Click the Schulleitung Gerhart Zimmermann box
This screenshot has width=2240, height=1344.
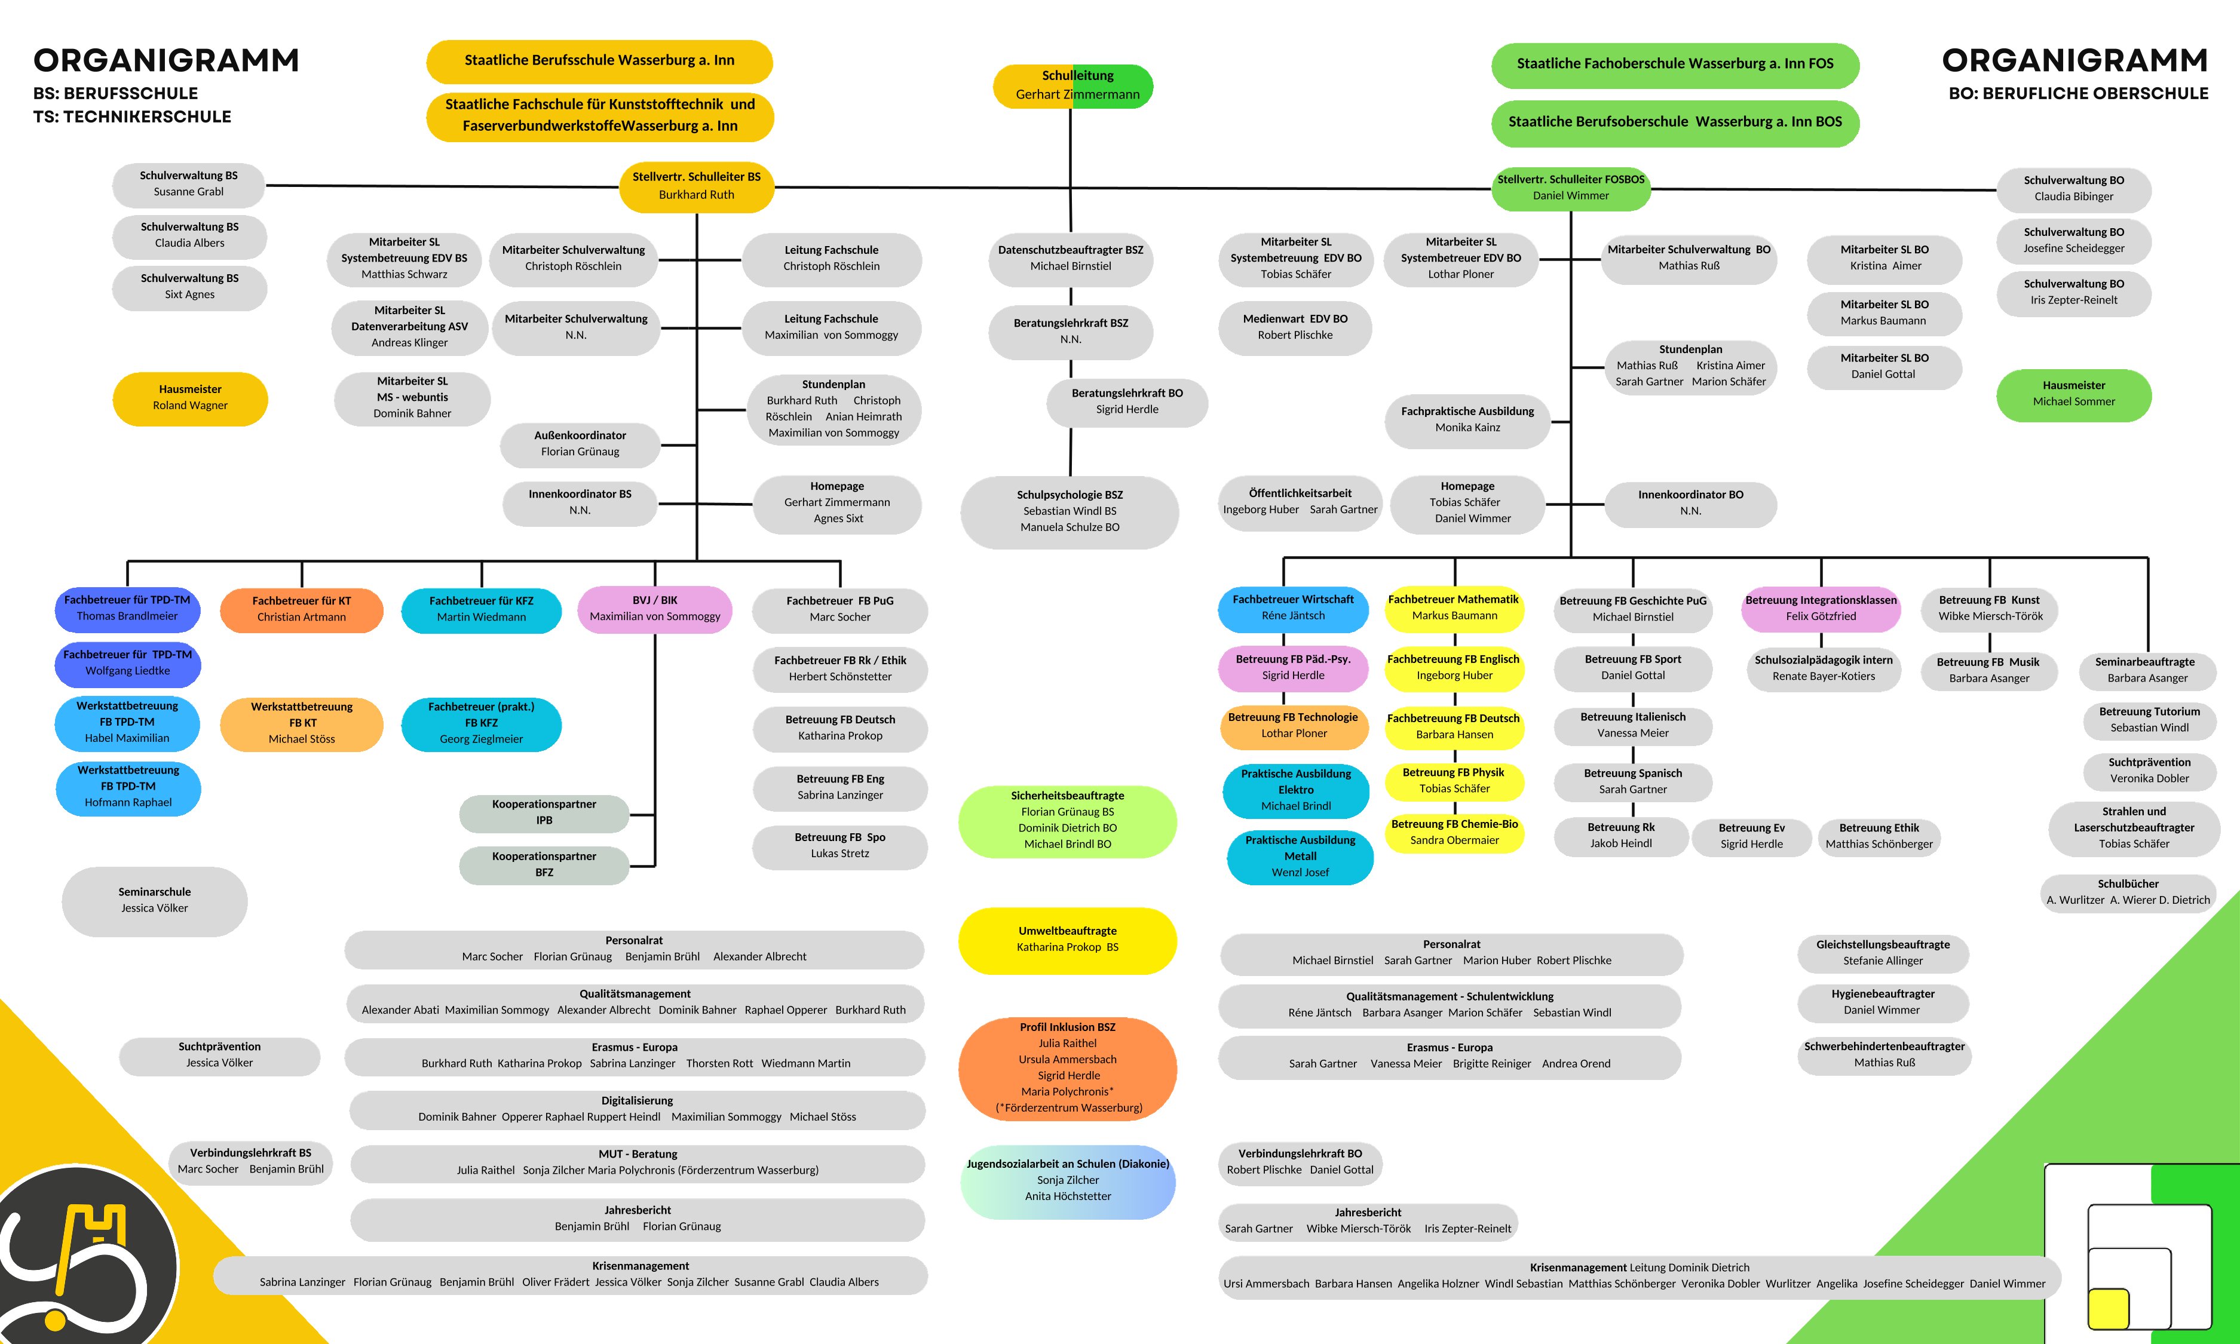(1072, 85)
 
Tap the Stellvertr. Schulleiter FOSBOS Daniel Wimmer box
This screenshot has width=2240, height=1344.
(1571, 188)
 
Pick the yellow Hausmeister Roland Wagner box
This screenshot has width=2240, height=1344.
(190, 398)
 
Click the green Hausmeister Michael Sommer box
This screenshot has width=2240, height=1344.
(2073, 394)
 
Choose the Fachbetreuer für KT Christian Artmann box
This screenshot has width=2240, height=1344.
(302, 609)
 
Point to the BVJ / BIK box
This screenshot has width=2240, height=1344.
(655, 609)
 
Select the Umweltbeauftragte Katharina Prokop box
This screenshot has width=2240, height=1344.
(1067, 939)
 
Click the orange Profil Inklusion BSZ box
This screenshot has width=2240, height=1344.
(1067, 1068)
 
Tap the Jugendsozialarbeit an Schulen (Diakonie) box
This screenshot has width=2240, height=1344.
(1067, 1180)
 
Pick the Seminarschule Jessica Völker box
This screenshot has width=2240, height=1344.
(155, 900)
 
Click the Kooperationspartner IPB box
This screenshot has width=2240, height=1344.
(544, 812)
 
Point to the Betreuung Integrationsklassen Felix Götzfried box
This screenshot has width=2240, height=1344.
(1821, 609)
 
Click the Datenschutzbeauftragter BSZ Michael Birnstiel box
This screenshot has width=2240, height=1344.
(1071, 258)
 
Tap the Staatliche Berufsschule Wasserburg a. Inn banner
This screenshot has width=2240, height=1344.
(600, 61)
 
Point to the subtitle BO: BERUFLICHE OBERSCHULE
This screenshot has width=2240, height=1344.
(2078, 93)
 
